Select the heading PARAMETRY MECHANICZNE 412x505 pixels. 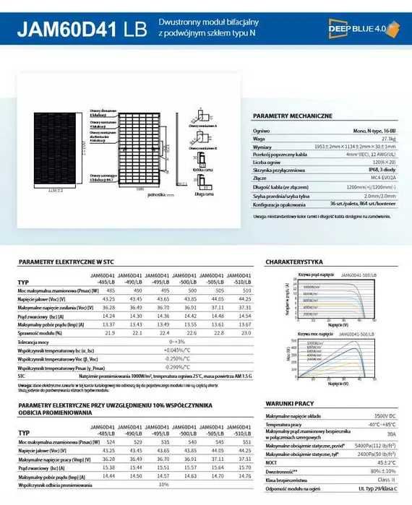coord(293,116)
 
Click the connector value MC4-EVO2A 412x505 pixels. coord(382,176)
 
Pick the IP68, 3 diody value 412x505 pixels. coord(382,168)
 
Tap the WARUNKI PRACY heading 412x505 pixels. coord(288,402)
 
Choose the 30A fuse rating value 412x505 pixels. coord(390,436)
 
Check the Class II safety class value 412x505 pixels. coord(387,480)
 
